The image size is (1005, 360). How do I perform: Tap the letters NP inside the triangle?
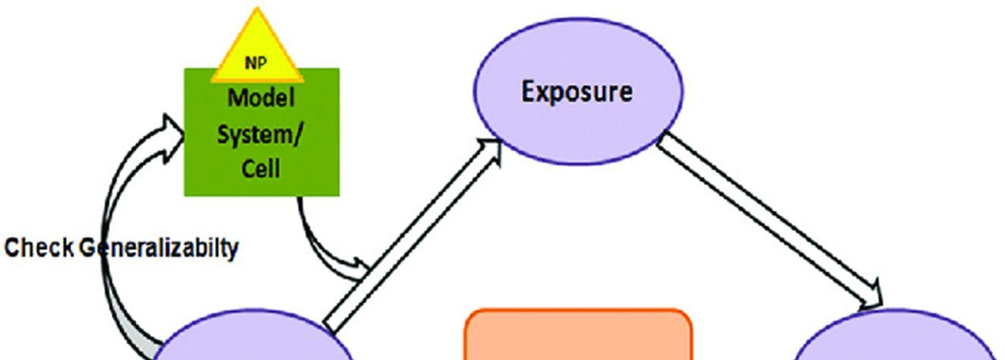pos(256,64)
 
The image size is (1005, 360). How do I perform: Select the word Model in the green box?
pos(261,98)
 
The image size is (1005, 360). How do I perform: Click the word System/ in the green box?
pos(261,134)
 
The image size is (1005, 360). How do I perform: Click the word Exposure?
pos(577,92)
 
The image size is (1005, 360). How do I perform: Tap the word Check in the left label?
pos(39,248)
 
